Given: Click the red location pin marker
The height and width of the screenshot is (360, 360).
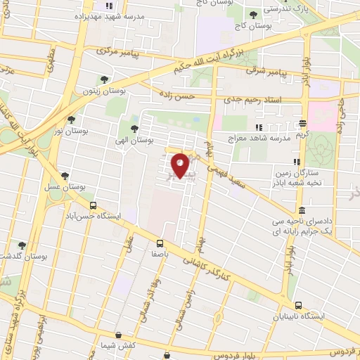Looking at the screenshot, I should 181,165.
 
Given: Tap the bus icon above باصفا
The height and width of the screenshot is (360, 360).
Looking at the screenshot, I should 161,244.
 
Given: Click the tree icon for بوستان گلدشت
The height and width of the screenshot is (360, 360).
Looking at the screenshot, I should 22,245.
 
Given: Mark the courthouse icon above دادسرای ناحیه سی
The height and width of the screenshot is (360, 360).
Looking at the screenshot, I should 302,210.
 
